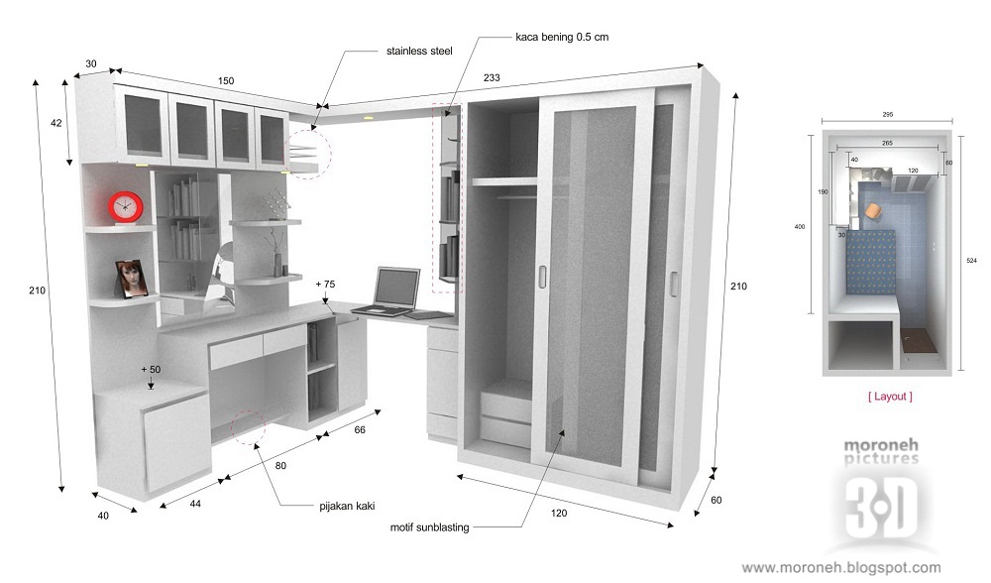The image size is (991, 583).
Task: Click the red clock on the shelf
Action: [x=125, y=207]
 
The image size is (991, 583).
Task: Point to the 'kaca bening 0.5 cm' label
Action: [x=562, y=38]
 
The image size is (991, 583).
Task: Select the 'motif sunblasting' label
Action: [x=430, y=526]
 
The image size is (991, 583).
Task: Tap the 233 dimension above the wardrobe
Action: [x=492, y=77]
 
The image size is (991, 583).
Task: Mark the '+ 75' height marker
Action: [x=325, y=284]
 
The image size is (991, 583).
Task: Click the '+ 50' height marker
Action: [x=150, y=369]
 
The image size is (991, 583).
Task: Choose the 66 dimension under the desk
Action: [x=360, y=430]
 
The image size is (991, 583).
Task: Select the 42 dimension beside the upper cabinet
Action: [x=55, y=123]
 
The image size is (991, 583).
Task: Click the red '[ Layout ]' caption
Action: [x=890, y=397]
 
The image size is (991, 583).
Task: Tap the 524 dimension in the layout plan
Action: [x=971, y=262]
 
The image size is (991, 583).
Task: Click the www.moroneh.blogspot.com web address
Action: [x=841, y=568]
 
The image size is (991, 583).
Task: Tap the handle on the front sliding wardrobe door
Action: [x=541, y=278]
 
